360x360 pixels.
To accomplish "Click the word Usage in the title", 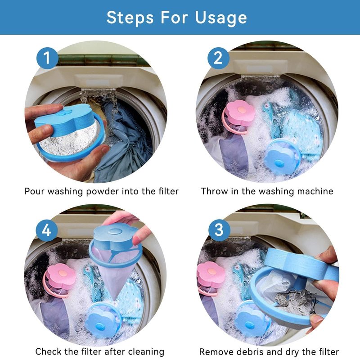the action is [x=221, y=18].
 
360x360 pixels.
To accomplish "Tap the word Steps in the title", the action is [x=130, y=18].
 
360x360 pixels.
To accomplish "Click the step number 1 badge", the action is [x=47, y=58].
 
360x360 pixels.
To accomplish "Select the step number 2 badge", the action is [x=218, y=58].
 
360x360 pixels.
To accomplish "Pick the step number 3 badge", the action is [x=219, y=230].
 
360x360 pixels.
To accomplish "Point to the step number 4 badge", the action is [x=47, y=230].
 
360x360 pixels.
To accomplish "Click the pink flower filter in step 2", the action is [x=238, y=115].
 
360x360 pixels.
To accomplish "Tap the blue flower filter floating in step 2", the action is [x=282, y=156].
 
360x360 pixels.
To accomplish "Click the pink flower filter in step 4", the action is [x=60, y=279].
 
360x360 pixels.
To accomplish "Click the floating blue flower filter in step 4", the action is [x=103, y=320].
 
